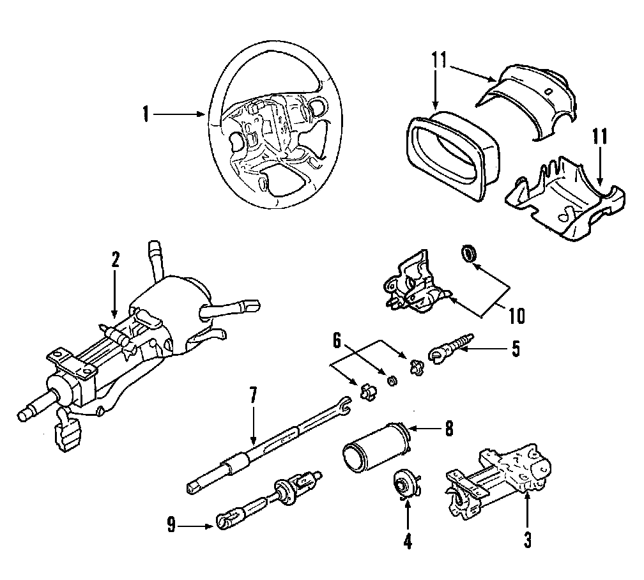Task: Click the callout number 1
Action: click(x=146, y=115)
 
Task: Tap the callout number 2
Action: click(x=115, y=260)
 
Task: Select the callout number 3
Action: click(x=528, y=540)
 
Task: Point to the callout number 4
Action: click(x=407, y=542)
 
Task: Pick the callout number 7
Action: click(x=253, y=395)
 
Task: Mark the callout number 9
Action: click(x=171, y=526)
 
